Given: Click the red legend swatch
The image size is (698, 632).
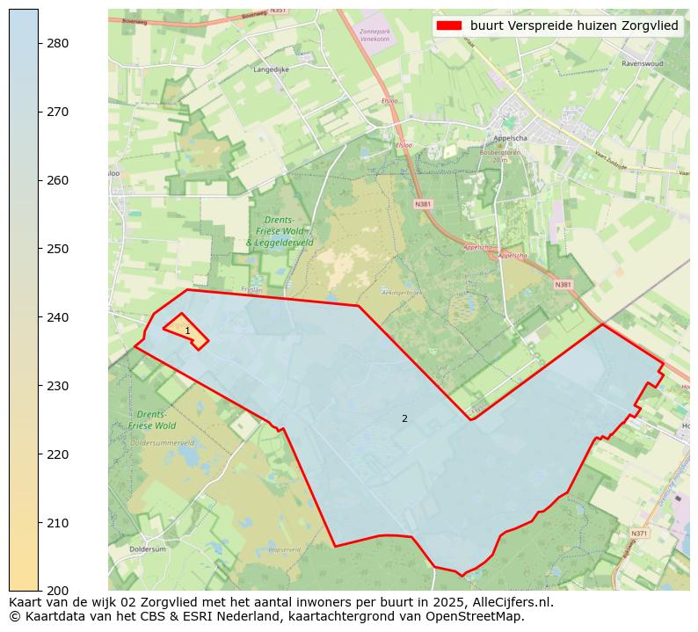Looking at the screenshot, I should click(448, 26).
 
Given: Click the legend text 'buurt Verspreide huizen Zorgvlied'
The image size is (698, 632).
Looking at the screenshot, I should click(574, 26).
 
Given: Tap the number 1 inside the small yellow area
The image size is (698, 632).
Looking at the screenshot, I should click(187, 331).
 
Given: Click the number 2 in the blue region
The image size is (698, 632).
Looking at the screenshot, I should click(404, 419).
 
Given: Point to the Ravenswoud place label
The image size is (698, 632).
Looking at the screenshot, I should click(642, 64).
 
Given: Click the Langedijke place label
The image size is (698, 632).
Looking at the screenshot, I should click(270, 69).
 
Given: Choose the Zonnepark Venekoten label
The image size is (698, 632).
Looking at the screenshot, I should click(374, 35).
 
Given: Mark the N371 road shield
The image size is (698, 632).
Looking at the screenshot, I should click(639, 534).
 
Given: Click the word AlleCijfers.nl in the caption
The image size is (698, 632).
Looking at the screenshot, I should click(513, 603).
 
